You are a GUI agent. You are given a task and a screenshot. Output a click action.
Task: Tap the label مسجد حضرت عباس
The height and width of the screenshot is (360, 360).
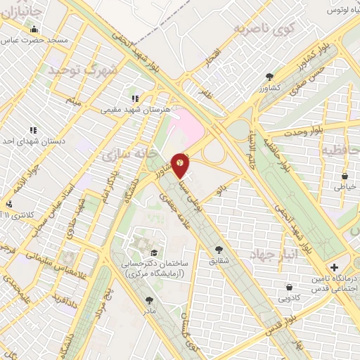coord(44,40)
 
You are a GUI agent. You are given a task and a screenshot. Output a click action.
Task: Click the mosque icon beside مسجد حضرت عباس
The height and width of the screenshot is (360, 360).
coord(34,29)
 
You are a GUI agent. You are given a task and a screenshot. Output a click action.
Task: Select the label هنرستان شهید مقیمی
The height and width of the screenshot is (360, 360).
coord(134,110)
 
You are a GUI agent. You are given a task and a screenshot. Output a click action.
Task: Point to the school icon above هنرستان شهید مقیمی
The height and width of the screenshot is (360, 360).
coord(134,99)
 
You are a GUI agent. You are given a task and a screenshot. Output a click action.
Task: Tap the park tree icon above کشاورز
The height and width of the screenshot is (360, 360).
coord(269,77)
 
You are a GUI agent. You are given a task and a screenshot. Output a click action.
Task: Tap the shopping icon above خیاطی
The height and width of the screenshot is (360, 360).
coord(345,176)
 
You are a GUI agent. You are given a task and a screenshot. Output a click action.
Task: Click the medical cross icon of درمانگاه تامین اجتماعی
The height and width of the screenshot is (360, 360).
coord(334,267)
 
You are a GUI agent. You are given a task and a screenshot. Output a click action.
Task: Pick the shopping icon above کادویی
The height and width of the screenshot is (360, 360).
coord(290,286)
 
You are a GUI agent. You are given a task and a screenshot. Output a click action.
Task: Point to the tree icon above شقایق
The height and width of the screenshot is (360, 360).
coord(219,249)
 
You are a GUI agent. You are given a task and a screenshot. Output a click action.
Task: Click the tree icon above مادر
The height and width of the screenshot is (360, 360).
coord(149,300)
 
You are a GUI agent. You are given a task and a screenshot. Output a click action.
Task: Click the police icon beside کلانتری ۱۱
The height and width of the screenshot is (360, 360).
coord(9,205)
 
